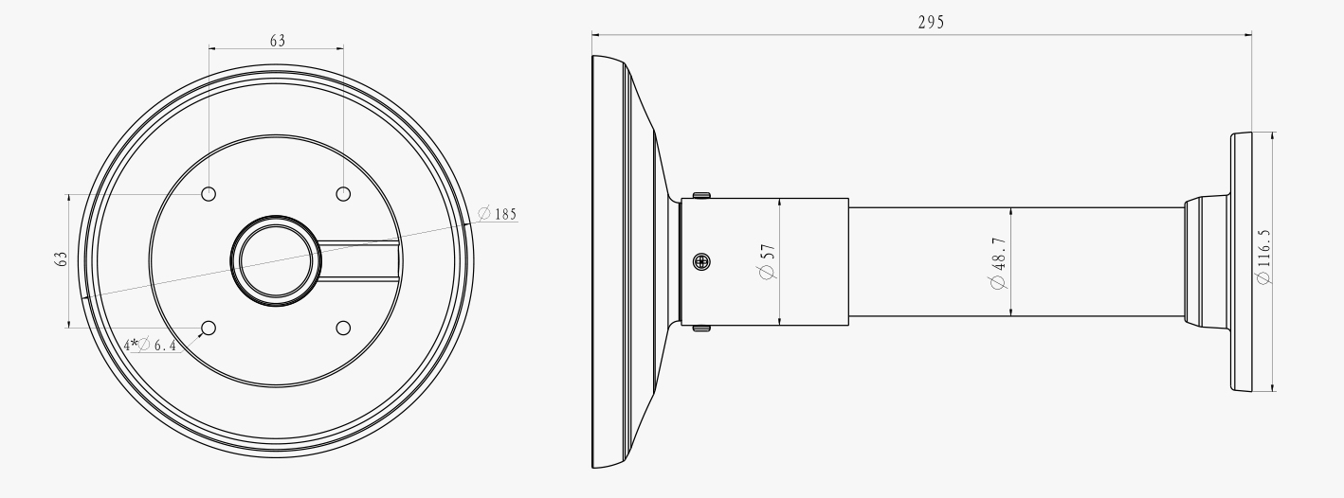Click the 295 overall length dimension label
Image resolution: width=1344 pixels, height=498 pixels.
pos(930,22)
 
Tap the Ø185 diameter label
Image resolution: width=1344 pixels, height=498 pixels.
pos(498,214)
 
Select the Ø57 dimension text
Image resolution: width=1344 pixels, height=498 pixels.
pos(768,259)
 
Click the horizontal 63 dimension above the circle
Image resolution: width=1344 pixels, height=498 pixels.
pos(277,41)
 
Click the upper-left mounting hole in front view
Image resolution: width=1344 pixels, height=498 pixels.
pos(209,194)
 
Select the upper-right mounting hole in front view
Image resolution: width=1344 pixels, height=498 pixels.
pos(343,194)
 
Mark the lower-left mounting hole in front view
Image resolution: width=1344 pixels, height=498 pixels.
pos(209,328)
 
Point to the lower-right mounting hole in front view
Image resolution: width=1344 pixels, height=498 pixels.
pos(343,328)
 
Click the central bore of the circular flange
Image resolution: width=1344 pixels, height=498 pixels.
pos(276,260)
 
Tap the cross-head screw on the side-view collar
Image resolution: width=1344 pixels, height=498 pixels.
pos(702,261)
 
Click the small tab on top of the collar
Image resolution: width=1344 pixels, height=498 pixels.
pos(701,195)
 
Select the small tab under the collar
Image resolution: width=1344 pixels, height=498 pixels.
pos(701,328)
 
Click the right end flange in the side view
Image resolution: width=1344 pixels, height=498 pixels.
pos(1242,261)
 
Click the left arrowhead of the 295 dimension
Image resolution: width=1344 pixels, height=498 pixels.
pos(596,36)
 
